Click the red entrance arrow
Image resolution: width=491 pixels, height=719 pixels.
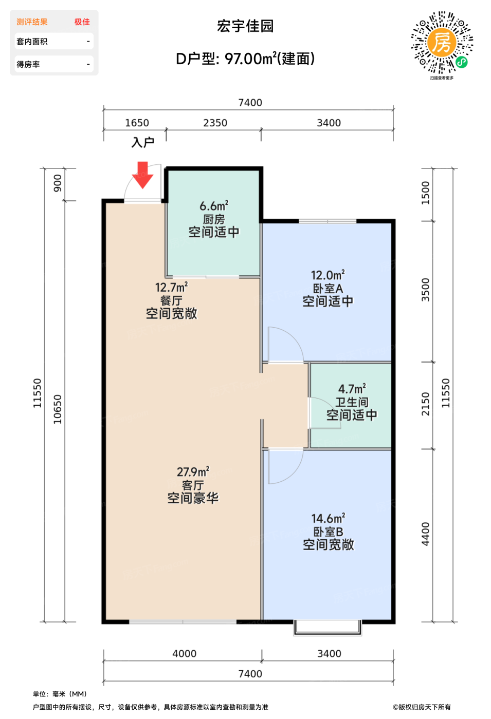[142, 175]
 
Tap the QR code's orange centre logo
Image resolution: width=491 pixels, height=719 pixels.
[442, 42]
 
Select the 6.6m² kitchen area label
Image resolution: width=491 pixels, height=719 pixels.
[214, 206]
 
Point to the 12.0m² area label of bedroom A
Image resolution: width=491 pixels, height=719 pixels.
[328, 275]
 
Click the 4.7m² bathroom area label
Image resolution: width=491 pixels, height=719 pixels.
[352, 389]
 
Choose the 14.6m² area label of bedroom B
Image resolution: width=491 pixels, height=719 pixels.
[328, 518]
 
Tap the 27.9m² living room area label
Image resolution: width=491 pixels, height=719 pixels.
[193, 472]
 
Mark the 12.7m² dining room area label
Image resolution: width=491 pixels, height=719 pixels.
[171, 287]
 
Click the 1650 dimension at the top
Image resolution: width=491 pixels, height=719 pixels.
[137, 123]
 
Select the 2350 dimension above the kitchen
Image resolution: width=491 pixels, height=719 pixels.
[215, 123]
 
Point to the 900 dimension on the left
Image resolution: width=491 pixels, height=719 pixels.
[57, 183]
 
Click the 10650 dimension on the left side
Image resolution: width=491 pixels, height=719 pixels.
[57, 409]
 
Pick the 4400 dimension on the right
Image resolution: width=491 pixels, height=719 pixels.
[425, 534]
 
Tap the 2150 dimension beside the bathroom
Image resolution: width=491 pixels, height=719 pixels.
[425, 404]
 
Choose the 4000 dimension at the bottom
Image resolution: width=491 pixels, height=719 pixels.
[184, 653]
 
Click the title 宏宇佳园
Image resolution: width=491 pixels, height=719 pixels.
[245, 26]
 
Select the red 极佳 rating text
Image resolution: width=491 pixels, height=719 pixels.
[82, 22]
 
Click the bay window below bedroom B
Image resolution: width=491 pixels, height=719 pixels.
[328, 628]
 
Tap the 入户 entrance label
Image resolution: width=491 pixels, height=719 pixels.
[143, 142]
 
